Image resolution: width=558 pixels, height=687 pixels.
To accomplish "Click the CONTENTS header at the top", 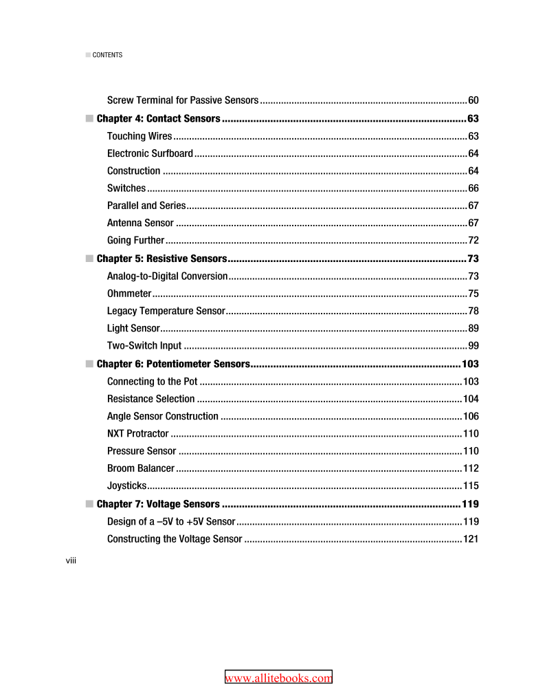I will [x=107, y=55].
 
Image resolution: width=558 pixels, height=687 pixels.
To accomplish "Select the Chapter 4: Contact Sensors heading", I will [x=158, y=119].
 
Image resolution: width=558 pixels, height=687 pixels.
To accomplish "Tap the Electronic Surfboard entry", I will [x=150, y=153].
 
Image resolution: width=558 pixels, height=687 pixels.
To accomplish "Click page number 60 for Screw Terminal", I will [x=473, y=101].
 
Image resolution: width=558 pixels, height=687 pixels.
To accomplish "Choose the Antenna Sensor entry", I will [x=140, y=223].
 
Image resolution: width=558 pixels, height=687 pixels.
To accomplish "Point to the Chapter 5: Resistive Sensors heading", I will [x=161, y=259].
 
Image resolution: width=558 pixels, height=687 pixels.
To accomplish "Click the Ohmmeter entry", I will [x=129, y=294].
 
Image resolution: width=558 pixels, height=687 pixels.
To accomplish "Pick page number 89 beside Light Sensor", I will [x=473, y=329].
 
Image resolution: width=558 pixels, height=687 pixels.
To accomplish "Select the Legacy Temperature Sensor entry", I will [x=166, y=311].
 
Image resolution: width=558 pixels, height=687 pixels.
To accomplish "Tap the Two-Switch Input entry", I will [x=144, y=346].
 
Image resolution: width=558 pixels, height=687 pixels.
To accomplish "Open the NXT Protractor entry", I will [x=137, y=434].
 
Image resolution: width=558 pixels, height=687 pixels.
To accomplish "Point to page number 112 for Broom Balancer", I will [x=471, y=468].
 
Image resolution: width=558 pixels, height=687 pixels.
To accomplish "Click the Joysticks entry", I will [x=126, y=486].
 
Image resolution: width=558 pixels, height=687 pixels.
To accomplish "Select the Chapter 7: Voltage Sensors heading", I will [x=158, y=504].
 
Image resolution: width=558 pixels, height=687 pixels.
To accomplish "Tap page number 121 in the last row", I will [x=471, y=539].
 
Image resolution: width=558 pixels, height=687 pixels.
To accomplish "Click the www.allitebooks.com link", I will [x=278, y=678].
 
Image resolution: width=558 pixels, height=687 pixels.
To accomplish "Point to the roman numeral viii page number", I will [x=71, y=561].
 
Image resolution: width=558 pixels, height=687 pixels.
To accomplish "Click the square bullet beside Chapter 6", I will [x=89, y=364].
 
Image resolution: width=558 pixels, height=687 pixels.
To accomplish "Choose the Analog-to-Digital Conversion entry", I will [x=167, y=276].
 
